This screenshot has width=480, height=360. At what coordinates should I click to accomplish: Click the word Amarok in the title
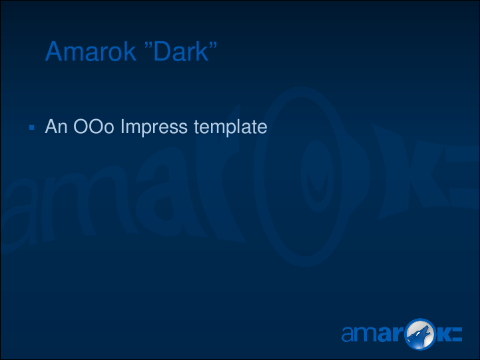pyautogui.click(x=91, y=51)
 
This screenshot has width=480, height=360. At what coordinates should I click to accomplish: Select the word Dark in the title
pyautogui.click(x=181, y=51)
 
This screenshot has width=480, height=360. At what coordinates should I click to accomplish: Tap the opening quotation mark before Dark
pyautogui.click(x=148, y=45)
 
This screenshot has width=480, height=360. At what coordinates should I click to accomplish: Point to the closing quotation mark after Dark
pyautogui.click(x=213, y=45)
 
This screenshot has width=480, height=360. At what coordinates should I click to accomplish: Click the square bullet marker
pyautogui.click(x=31, y=127)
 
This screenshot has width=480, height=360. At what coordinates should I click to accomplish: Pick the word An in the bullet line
pyautogui.click(x=57, y=126)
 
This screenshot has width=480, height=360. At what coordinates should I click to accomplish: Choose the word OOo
pyautogui.click(x=94, y=126)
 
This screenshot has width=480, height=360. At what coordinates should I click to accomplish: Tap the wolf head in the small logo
pyautogui.click(x=420, y=334)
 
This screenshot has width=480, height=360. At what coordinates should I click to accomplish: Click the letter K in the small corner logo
pyautogui.click(x=443, y=334)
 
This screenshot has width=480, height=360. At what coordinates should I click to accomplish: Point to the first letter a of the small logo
pyautogui.click(x=348, y=334)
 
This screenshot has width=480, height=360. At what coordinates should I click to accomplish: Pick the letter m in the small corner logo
pyautogui.click(x=366, y=334)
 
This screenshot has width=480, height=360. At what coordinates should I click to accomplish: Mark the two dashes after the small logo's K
pyautogui.click(x=457, y=334)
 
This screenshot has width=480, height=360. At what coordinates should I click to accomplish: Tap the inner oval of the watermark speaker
pyautogui.click(x=317, y=176)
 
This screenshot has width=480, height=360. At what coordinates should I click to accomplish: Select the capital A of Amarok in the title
pyautogui.click(x=55, y=51)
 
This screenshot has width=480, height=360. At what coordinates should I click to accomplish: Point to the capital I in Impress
pyautogui.click(x=122, y=126)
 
